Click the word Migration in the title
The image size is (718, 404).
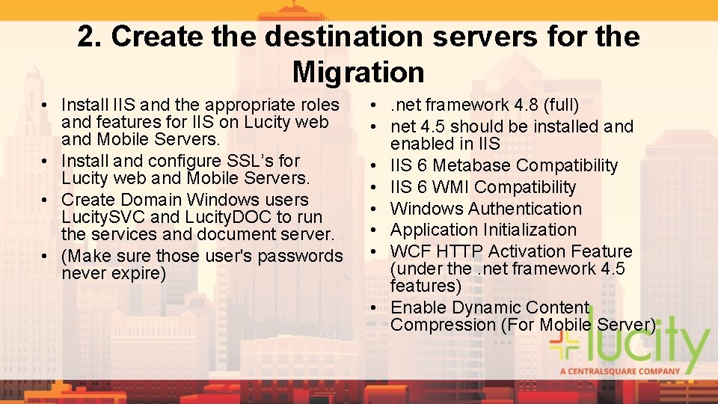pyautogui.click(x=358, y=73)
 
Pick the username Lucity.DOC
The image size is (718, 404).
pyautogui.click(x=206, y=218)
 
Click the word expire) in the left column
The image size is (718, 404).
pyautogui.click(x=138, y=273)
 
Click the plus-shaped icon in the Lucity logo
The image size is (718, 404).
pyautogui.click(x=565, y=346)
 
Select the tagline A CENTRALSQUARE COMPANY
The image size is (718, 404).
pyautogui.click(x=620, y=371)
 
